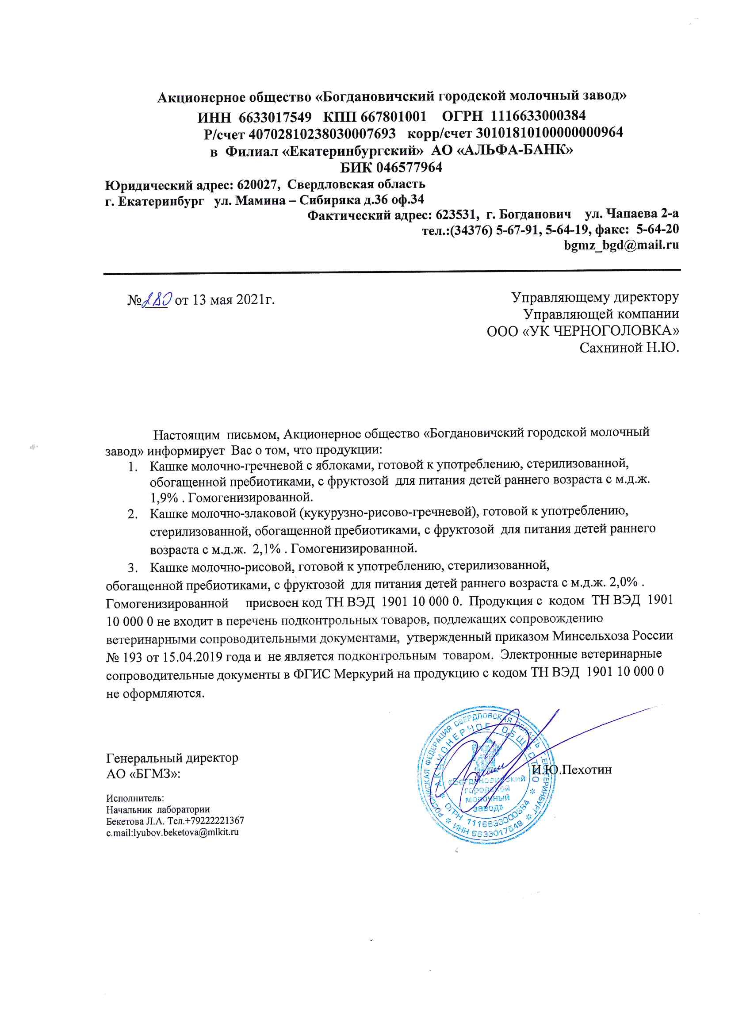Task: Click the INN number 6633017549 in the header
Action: coord(275,117)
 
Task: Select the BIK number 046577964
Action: coord(409,168)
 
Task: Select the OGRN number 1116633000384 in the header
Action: coord(538,116)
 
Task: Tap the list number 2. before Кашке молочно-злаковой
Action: coord(132,514)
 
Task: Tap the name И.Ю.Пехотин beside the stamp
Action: coord(571,769)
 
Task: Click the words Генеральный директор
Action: coord(172,758)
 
